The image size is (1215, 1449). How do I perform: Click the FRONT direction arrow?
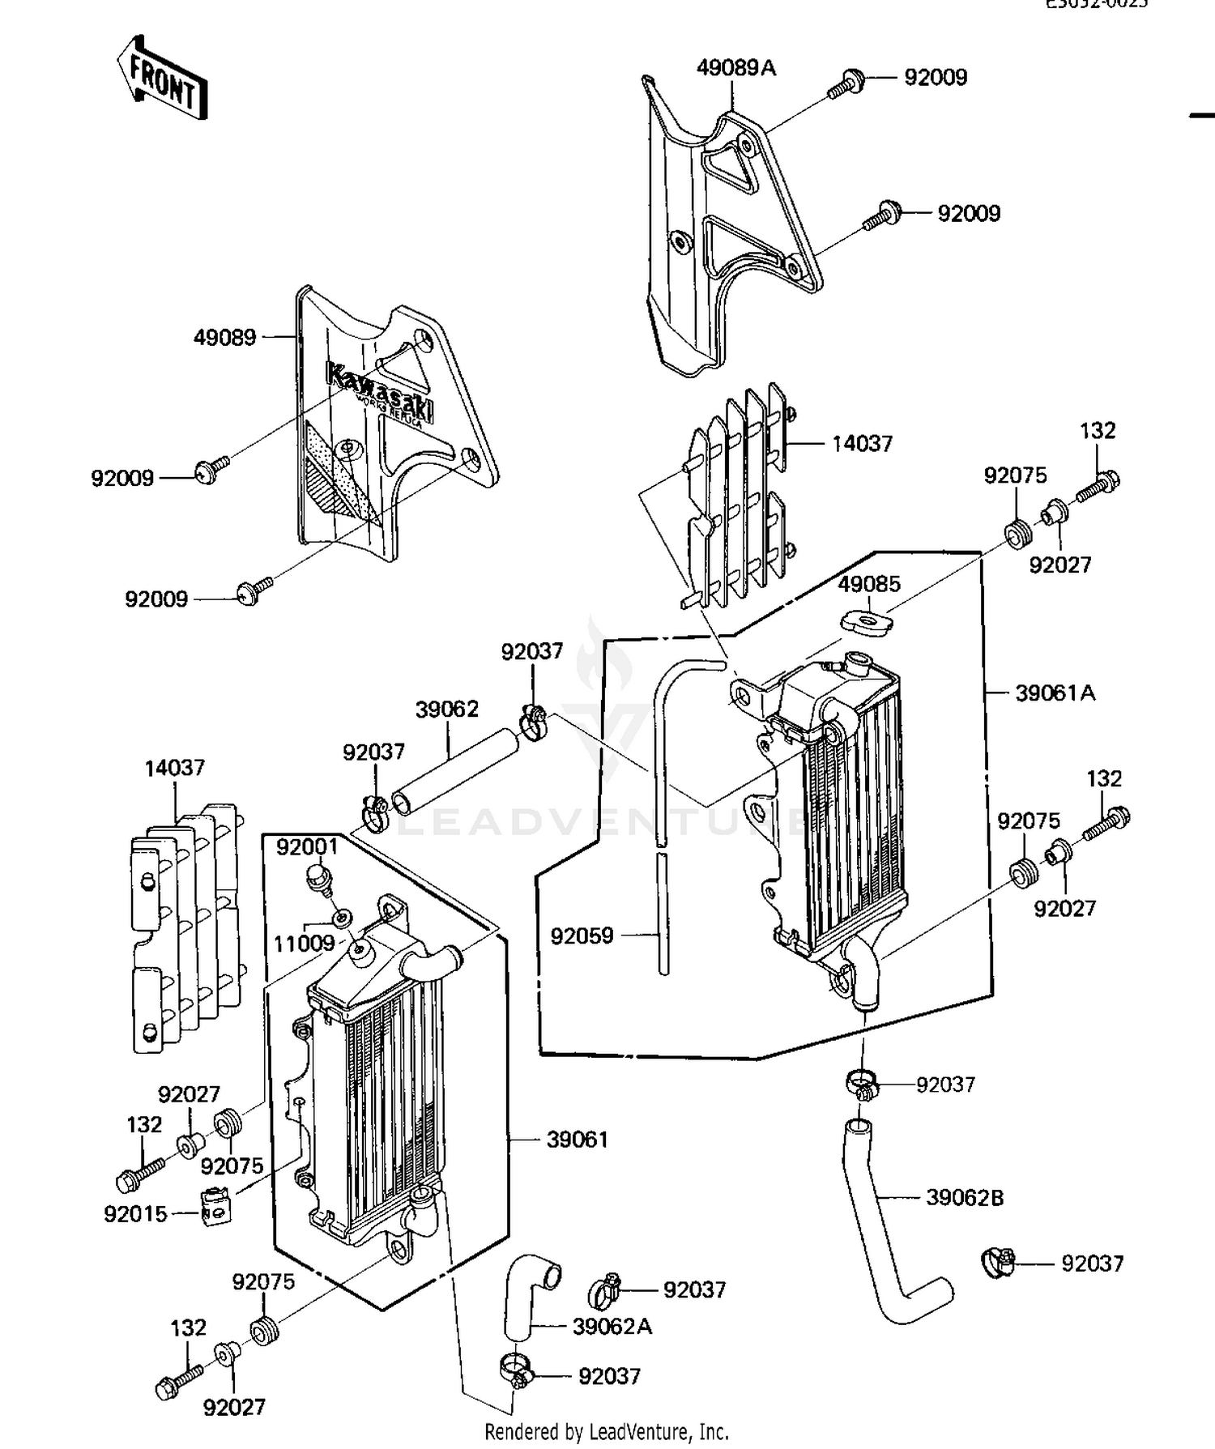coord(163,79)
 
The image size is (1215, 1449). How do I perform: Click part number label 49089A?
coord(735,68)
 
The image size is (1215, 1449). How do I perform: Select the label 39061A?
coord(1055,693)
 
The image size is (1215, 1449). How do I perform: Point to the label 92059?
coord(582,936)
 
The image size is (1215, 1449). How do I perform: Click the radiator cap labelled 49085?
coord(867,622)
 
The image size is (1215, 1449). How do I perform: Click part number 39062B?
coord(964,1197)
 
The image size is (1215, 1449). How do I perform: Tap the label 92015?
coord(135,1213)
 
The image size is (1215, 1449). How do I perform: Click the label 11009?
coord(304,943)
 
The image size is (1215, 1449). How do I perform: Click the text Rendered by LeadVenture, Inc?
coord(607,1432)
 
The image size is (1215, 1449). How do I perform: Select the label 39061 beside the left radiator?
coord(577,1140)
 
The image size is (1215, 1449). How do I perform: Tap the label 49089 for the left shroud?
coord(224,337)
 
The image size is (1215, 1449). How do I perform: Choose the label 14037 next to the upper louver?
coord(862,443)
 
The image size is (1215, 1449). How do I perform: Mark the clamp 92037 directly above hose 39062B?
coord(863,1083)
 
